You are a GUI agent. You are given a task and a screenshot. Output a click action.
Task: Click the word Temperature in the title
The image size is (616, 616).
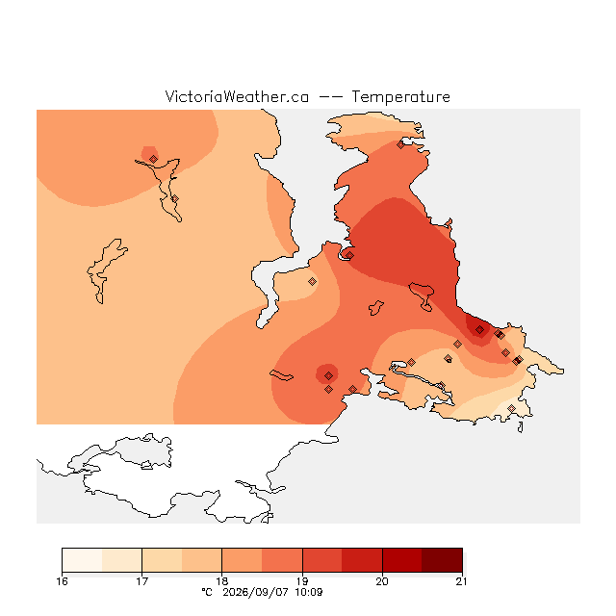click(400, 96)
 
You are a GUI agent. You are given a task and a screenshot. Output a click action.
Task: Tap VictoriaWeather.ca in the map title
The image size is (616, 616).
click(237, 96)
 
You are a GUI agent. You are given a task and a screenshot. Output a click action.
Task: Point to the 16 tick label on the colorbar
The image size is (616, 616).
click(62, 581)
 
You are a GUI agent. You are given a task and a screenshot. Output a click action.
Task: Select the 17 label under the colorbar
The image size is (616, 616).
click(141, 581)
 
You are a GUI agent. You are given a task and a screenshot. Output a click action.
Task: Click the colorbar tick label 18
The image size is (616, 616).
click(222, 581)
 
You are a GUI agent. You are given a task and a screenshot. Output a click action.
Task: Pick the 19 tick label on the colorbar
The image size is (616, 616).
click(302, 581)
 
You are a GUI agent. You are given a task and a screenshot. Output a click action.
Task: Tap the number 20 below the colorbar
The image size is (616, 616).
click(382, 581)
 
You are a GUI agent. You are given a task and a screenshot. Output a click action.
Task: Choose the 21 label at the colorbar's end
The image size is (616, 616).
click(462, 581)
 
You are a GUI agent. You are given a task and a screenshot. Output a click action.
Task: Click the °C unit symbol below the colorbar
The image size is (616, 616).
click(207, 592)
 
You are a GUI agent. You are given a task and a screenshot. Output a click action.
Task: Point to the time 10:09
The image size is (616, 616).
click(309, 592)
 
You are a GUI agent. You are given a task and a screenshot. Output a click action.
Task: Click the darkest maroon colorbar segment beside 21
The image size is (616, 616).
click(442, 560)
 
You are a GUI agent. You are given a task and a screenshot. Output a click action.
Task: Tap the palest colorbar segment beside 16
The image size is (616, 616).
click(82, 560)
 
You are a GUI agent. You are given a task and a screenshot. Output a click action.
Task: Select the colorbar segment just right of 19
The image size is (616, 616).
click(322, 560)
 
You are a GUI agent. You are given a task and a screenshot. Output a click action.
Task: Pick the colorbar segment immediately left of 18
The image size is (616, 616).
click(202, 560)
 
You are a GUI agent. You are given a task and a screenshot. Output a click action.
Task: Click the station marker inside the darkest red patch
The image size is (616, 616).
click(479, 329)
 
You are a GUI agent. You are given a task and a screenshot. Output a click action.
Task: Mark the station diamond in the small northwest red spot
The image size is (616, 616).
click(154, 159)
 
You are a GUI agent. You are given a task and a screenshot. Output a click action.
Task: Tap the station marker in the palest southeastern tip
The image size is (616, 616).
click(511, 408)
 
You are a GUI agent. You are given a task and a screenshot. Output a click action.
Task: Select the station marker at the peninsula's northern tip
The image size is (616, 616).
click(400, 145)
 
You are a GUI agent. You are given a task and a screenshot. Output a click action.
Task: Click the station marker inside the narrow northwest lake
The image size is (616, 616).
click(175, 199)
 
